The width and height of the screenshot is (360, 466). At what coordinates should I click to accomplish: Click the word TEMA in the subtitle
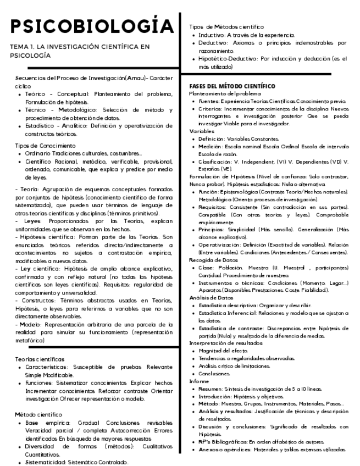(x=19, y=47)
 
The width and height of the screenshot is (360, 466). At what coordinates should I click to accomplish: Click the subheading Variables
(x=201, y=132)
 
